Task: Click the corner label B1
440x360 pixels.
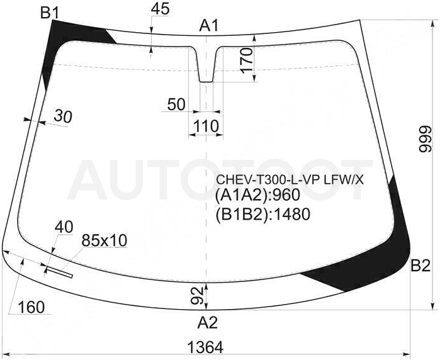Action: click(x=50, y=13)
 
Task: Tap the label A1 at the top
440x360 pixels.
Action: click(x=209, y=26)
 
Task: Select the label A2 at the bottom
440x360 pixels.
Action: click(x=207, y=323)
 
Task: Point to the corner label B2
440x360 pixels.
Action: click(x=420, y=266)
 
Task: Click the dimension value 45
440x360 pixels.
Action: click(x=161, y=9)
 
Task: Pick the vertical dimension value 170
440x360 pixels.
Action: click(x=247, y=61)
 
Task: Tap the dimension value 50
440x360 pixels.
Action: click(x=176, y=104)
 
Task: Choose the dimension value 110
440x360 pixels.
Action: click(x=206, y=126)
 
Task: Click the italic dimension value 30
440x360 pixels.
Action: click(x=63, y=116)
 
